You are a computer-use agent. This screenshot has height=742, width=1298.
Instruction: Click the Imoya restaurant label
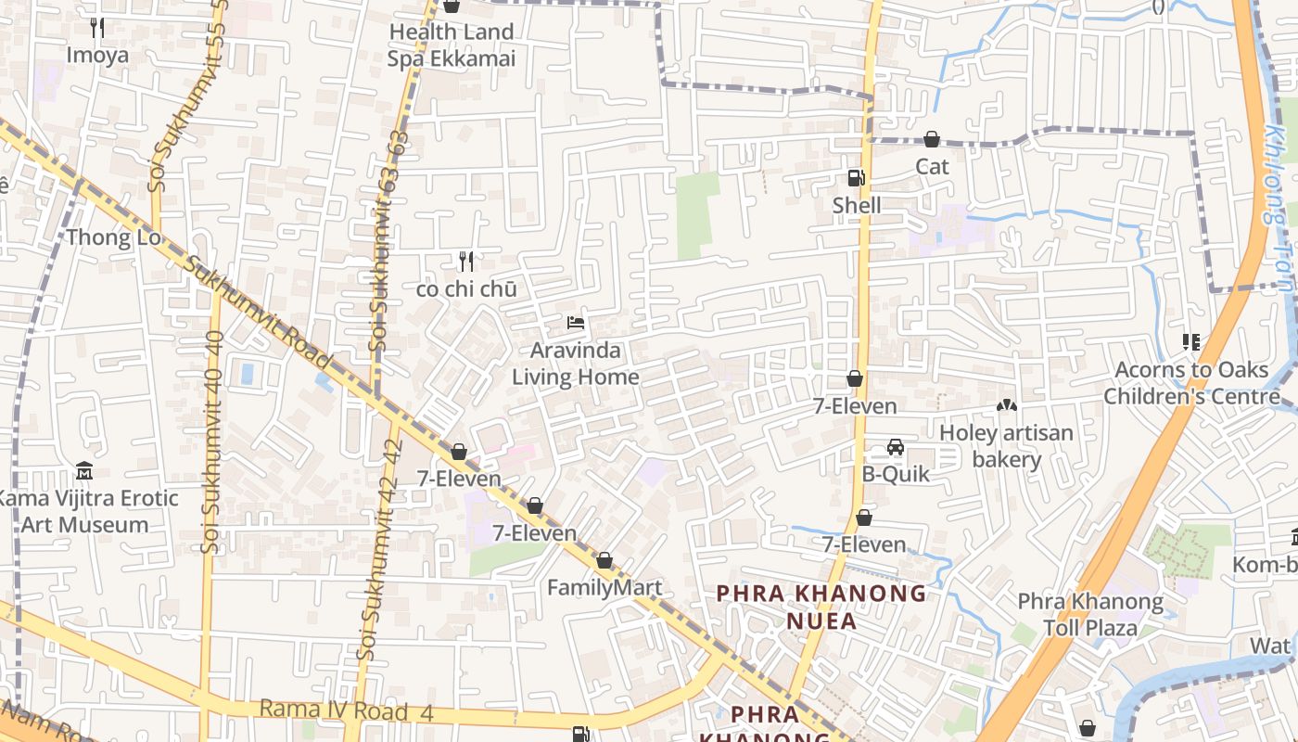96,55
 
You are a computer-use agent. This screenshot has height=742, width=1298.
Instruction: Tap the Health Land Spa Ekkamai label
451,45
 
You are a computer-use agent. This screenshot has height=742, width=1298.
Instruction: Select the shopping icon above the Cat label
932,140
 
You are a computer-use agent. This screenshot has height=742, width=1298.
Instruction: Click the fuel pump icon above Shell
856,178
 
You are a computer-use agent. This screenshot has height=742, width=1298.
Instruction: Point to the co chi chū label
465,289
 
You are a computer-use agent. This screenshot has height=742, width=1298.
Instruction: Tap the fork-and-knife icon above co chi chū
466,262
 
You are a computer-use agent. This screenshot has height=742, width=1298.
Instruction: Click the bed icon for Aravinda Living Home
576,324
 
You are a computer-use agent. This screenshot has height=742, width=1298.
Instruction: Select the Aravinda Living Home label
576,364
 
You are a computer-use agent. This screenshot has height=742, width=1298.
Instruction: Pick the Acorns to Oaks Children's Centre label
1191,383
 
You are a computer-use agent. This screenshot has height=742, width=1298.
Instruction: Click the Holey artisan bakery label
1006,445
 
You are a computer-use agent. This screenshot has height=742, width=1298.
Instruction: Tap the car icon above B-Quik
896,447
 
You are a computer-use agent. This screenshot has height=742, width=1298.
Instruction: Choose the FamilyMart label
604,587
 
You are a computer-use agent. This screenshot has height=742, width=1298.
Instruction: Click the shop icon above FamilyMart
604,561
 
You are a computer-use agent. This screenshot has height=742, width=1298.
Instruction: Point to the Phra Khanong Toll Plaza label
1090,614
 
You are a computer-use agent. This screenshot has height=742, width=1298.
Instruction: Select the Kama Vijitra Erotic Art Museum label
85,511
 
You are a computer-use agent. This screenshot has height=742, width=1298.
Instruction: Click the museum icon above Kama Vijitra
84,470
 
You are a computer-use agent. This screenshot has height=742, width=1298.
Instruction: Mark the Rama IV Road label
334,710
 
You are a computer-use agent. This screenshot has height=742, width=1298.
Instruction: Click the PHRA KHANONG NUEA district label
821,607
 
